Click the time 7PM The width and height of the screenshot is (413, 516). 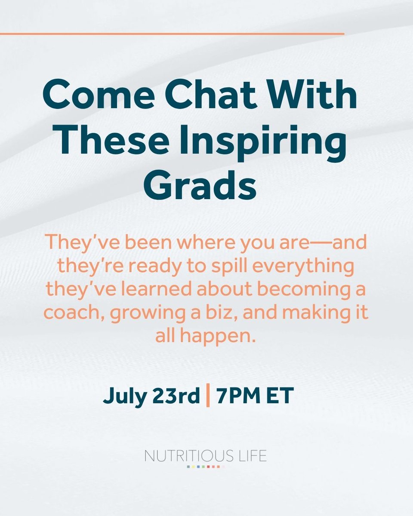click(x=237, y=396)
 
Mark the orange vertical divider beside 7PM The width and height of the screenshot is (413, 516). click(x=209, y=396)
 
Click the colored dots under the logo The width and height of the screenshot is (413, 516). click(x=206, y=466)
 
